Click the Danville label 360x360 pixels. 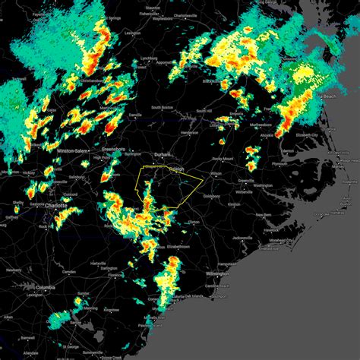[115, 114]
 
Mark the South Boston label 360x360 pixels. [162, 107]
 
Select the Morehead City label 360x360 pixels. [292, 242]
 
